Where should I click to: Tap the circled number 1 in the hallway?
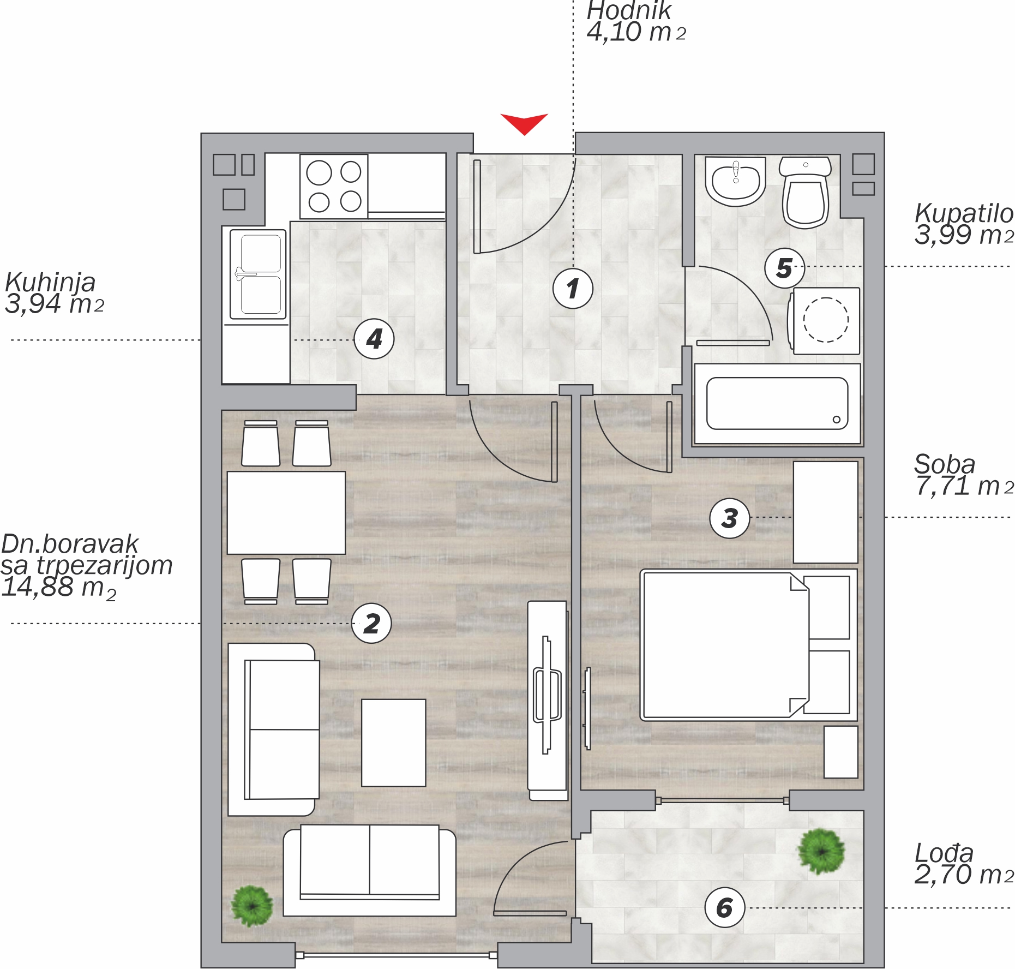573,289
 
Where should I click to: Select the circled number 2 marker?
371,623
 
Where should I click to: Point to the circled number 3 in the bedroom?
730,518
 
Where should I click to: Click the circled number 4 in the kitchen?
374,339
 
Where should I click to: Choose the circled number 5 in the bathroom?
784,267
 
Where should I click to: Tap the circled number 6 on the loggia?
724,907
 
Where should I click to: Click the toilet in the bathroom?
806,193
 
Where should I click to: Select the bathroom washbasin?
735,181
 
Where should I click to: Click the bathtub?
777,404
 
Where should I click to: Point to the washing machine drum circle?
826,320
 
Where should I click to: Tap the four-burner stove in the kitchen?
334,187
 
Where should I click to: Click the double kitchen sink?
258,274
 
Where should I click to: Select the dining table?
286,513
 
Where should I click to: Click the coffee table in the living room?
393,743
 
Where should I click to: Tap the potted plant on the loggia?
821,851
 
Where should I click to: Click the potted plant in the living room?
251,906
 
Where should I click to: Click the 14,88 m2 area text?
59,588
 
